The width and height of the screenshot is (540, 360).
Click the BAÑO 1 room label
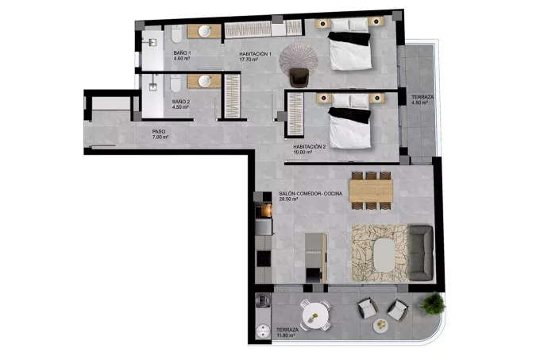tap(182, 56)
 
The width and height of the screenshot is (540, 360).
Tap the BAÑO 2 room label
tap(181, 104)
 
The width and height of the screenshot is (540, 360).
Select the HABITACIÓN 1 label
tap(255, 56)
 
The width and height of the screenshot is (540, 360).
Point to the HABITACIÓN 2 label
tap(309, 149)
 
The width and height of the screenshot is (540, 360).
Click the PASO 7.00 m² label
tap(160, 134)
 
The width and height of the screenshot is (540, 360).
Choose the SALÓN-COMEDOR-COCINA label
tap(310, 196)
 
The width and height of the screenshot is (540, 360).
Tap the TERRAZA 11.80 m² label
tap(287, 332)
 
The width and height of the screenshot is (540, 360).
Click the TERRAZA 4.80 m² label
tap(422, 99)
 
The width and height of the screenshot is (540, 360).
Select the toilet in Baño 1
tap(176, 33)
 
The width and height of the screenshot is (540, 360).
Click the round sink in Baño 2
tap(205, 81)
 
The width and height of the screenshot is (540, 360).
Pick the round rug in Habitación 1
tap(299, 60)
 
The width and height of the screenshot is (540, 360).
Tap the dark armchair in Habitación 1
tap(299, 77)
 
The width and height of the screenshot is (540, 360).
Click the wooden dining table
tap(371, 191)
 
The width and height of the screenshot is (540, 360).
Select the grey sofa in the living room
tap(421, 253)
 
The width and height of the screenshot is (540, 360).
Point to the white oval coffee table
tap(385, 255)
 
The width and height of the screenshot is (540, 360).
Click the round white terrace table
tap(315, 315)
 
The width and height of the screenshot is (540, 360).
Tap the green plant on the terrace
tap(432, 304)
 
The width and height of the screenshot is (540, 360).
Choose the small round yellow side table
tap(381, 325)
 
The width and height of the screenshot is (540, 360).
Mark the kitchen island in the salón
tap(316, 257)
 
